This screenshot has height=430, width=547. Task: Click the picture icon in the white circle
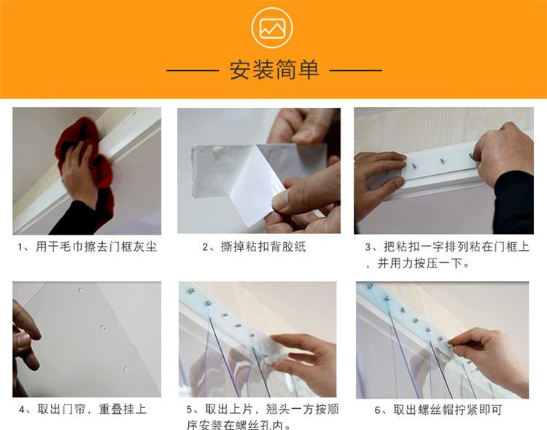(272, 28)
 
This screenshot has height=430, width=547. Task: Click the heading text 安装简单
(274, 70)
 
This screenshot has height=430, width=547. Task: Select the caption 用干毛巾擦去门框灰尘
(96, 247)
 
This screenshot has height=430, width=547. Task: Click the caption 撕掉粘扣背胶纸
(263, 247)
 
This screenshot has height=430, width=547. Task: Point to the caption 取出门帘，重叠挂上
(92, 409)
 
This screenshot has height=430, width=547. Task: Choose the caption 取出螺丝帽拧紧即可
(448, 410)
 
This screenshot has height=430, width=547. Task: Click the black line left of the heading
(193, 71)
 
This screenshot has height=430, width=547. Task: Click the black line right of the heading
(355, 71)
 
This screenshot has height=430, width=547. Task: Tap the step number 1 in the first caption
(20, 248)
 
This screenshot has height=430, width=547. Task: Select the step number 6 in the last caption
(378, 410)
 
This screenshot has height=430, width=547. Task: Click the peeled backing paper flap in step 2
(252, 185)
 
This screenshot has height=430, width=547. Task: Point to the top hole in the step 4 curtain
(80, 290)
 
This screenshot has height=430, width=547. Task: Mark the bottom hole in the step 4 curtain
(126, 370)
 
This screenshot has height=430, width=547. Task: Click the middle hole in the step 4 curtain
(102, 328)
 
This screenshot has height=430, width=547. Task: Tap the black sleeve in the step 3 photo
(513, 203)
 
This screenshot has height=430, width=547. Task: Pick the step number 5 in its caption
(190, 410)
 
